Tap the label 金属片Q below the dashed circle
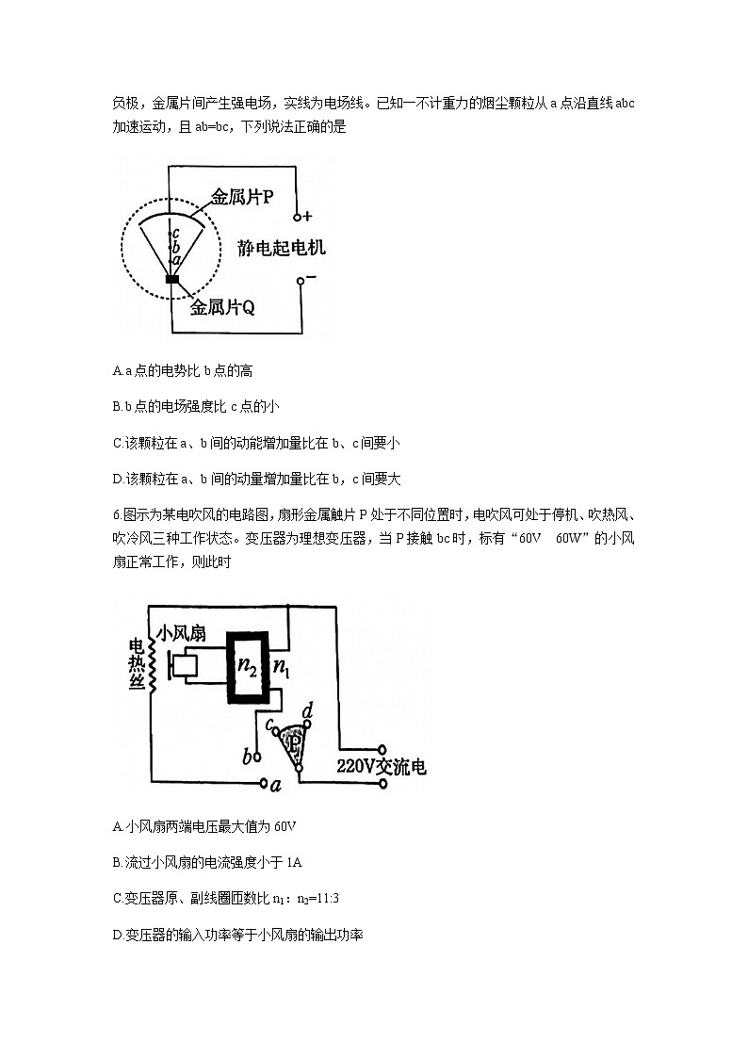click(222, 308)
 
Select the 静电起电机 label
click(282, 248)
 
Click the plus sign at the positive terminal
click(308, 216)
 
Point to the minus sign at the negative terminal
click(311, 277)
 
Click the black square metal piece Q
click(172, 279)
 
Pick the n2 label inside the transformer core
click(249, 666)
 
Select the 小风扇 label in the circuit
click(184, 633)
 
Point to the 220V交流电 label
click(381, 767)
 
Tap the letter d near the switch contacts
click(307, 709)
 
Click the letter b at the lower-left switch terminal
click(248, 757)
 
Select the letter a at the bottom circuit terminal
click(276, 784)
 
